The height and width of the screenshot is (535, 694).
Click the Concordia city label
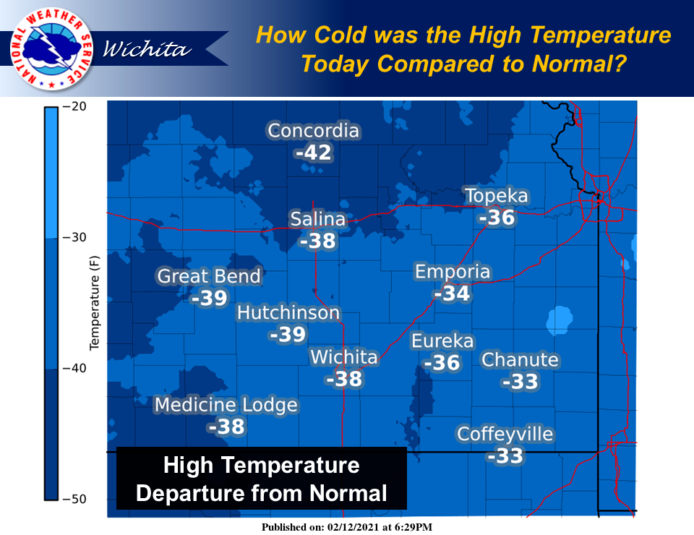pyautogui.click(x=313, y=131)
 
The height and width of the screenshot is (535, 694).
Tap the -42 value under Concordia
pyautogui.click(x=313, y=153)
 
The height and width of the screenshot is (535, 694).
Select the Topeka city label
pyautogui.click(x=497, y=196)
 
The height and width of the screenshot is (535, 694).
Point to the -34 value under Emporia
pyautogui.click(x=452, y=294)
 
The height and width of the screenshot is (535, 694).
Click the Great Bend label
pyautogui.click(x=209, y=276)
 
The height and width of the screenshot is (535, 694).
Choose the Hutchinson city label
pyautogui.click(x=288, y=313)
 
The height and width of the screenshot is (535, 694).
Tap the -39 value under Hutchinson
pyautogui.click(x=288, y=335)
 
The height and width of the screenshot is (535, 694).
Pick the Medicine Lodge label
pyautogui.click(x=226, y=405)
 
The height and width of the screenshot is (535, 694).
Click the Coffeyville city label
pyautogui.click(x=505, y=434)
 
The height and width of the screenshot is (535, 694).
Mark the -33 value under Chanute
pyautogui.click(x=520, y=382)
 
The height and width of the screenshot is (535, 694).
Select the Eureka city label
pyautogui.click(x=442, y=341)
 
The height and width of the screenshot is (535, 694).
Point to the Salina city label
pyautogui.click(x=318, y=219)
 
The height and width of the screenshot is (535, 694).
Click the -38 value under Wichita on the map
pyautogui.click(x=344, y=380)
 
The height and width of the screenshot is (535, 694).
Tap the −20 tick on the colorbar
pyautogui.click(x=74, y=107)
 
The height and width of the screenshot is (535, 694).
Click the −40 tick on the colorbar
pyautogui.click(x=74, y=368)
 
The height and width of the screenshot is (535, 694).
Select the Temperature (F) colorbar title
pyautogui.click(x=94, y=303)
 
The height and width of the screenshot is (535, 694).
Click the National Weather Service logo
pyautogui.click(x=51, y=48)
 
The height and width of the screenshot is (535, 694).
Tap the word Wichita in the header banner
pyautogui.click(x=147, y=48)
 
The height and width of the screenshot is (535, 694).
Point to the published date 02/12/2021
pyautogui.click(x=354, y=527)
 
